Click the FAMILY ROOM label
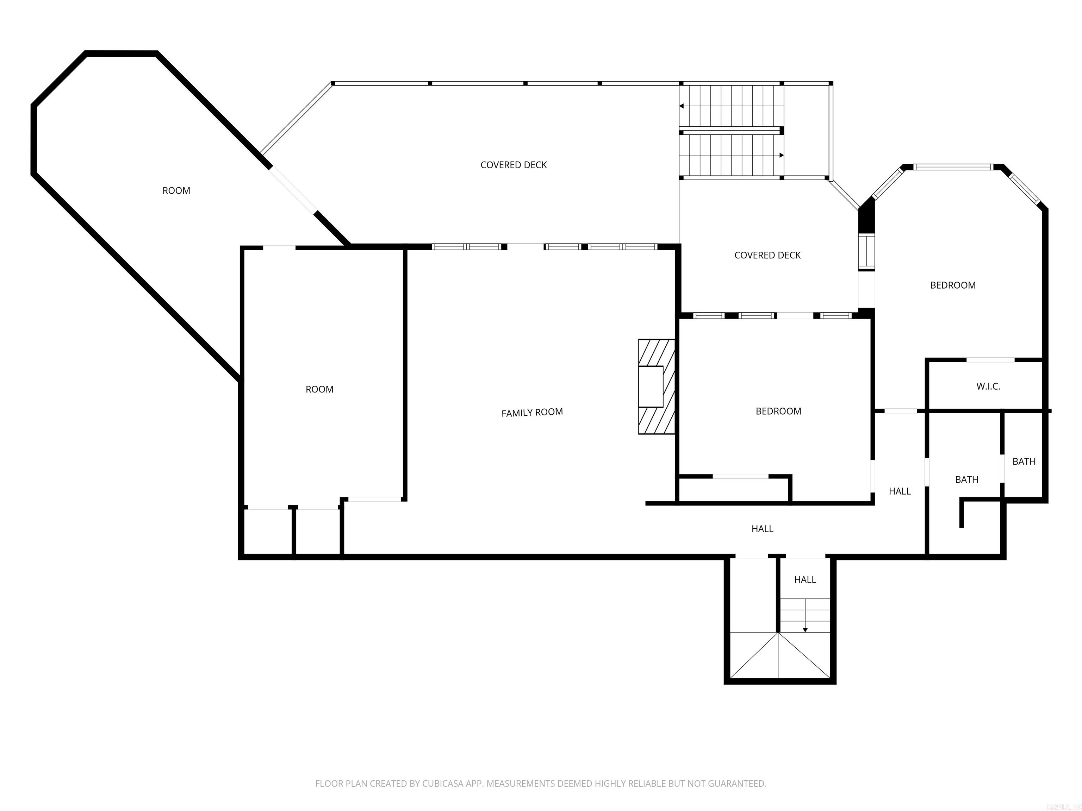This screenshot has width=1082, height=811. click(532, 413)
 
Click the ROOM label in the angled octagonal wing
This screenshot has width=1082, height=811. click(176, 191)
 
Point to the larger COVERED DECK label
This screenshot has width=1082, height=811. click(513, 165)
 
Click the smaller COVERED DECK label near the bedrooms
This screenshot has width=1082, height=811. click(767, 255)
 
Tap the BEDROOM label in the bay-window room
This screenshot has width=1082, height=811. click(952, 285)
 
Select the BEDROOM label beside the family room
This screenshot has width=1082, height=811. click(778, 411)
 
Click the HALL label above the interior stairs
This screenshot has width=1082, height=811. click(805, 580)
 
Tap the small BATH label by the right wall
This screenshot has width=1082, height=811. click(1024, 461)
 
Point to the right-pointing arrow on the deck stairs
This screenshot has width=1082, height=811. click(781, 156)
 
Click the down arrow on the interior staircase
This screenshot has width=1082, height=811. click(805, 630)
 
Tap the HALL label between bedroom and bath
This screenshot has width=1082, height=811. click(900, 491)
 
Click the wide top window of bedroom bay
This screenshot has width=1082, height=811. click(953, 167)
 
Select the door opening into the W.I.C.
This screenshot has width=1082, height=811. click(990, 360)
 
